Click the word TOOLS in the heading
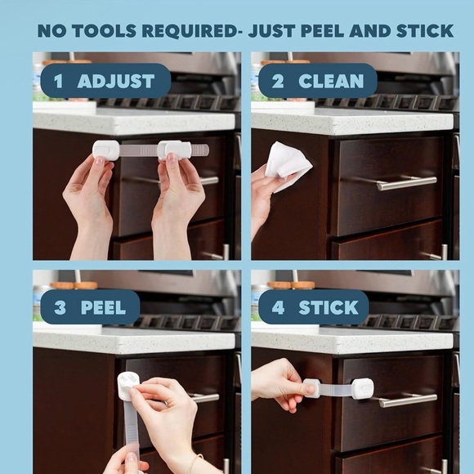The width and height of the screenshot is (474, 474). coord(104,31)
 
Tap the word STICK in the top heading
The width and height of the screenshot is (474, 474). coord(425,31)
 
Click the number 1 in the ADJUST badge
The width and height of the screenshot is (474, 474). coord(58,81)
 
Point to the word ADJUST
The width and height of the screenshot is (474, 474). coord(116,81)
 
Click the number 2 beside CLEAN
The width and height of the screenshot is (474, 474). coord(278,81)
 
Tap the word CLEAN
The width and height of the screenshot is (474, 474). coord(331,81)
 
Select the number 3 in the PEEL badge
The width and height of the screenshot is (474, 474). coord(60,307)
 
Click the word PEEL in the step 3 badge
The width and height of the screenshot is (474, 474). coord(103,307)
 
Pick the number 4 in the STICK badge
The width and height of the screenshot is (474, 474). coord(278,307)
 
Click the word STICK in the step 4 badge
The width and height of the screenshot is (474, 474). coord(329,307)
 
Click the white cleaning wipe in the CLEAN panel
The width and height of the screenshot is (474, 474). coord(287,165)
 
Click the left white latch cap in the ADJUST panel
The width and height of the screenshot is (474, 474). coord(105,150)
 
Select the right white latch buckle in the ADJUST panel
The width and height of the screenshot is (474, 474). coord(175,150)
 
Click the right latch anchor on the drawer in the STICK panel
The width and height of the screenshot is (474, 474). coord(362,388)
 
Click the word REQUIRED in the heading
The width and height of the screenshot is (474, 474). coord(190,31)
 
